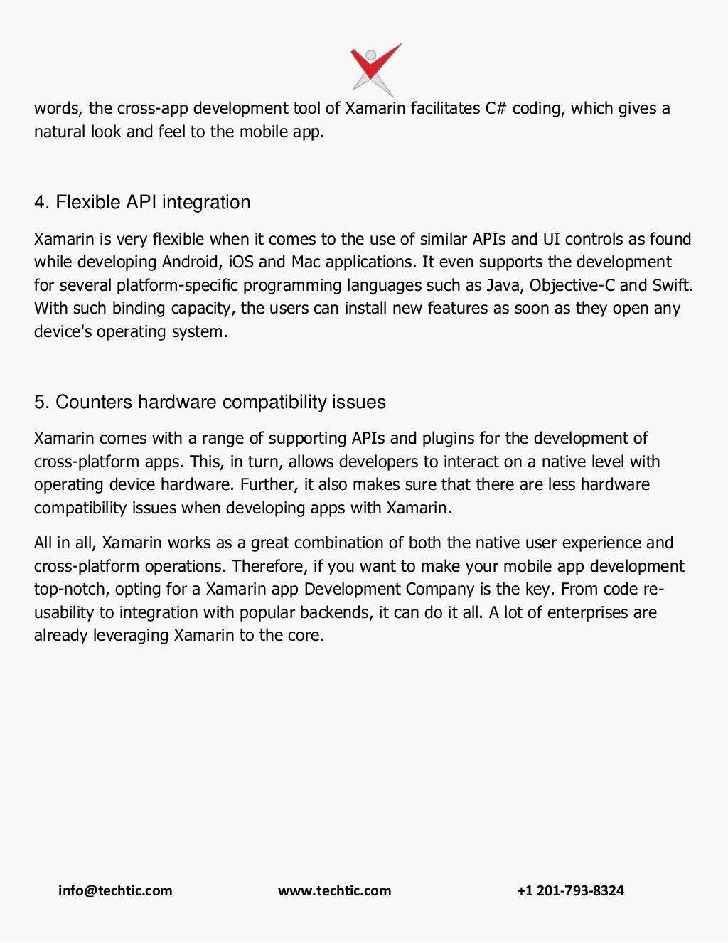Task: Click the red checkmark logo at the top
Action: click(375, 68)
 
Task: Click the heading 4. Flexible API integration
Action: click(142, 203)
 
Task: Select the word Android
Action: click(191, 262)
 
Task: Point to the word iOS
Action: click(241, 262)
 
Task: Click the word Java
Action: click(503, 286)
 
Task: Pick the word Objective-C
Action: click(572, 286)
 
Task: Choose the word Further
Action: click(271, 485)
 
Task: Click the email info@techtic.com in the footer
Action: click(115, 891)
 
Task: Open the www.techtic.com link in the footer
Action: click(334, 891)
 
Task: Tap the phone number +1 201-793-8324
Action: click(570, 891)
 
